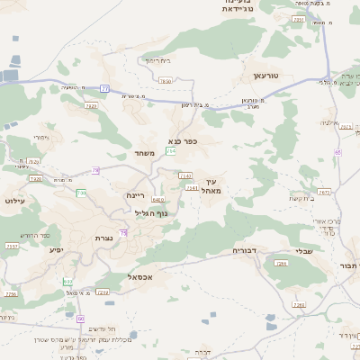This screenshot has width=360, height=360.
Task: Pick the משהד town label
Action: click(x=145, y=153)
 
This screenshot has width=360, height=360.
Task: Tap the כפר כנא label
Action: click(x=183, y=141)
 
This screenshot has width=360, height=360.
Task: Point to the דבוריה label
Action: click(x=246, y=250)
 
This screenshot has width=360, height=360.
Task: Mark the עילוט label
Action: click(x=15, y=200)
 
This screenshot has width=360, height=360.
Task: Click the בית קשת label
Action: click(x=300, y=198)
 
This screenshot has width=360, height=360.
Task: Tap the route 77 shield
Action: click(x=104, y=88)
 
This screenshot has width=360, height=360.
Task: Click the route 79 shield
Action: click(x=95, y=169)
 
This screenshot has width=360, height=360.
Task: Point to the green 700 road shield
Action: click(x=81, y=193)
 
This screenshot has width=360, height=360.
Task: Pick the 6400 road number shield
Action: click(x=158, y=200)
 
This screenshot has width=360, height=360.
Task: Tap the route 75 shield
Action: click(x=123, y=233)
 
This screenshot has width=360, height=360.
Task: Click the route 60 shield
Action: click(x=80, y=319)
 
